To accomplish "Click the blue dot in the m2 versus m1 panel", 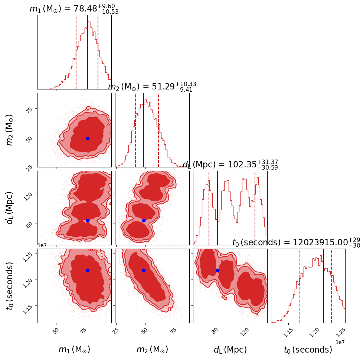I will pos(88,138).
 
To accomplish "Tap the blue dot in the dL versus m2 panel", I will pos(144,220).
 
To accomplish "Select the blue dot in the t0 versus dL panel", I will pos(217,270).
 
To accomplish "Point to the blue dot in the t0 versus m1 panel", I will pos(88,270).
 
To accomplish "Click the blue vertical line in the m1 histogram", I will pos(88,52).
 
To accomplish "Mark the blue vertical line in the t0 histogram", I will pos(324,286).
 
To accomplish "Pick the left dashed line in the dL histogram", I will pos(209,208).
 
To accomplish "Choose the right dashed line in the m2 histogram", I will pos(158,130).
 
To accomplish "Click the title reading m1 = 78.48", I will pos(74,9).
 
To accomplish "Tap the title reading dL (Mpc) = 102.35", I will pos(230,165).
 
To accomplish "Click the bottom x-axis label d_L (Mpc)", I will pos(230,350).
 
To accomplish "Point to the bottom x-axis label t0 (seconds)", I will pos(308,350).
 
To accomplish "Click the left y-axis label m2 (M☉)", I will pos(10,130).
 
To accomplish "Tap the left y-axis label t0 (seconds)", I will pos(10,285).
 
